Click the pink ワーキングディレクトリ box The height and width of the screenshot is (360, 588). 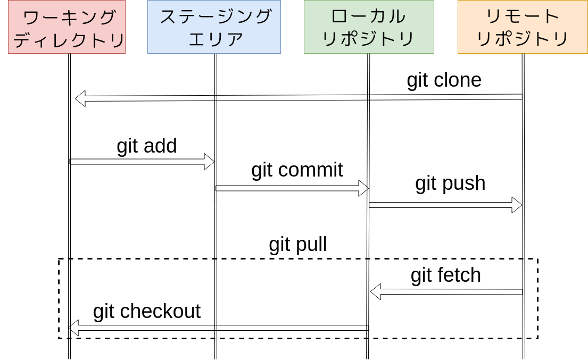(x=67, y=27)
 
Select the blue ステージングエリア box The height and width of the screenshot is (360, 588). (x=214, y=27)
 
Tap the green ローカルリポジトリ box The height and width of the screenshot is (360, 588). (x=369, y=27)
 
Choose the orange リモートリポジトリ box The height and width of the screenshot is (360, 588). (x=523, y=27)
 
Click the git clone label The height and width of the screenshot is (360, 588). (x=444, y=80)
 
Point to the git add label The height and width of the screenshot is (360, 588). (x=146, y=146)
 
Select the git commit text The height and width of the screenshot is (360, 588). (x=297, y=170)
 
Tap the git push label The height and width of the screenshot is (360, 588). (x=450, y=183)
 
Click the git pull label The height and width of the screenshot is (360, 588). (x=297, y=245)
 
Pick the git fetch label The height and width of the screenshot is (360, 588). (x=445, y=275)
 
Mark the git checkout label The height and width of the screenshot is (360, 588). (x=146, y=312)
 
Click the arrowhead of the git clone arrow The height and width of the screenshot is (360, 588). (x=80, y=98)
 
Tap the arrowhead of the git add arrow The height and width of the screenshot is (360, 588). (x=209, y=162)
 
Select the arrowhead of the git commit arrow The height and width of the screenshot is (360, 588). (x=363, y=188)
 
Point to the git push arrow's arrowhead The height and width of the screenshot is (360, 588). (x=517, y=205)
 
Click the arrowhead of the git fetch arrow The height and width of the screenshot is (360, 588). (x=376, y=291)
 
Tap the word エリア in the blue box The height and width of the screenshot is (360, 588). (x=216, y=39)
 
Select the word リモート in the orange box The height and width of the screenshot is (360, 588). (x=523, y=16)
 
